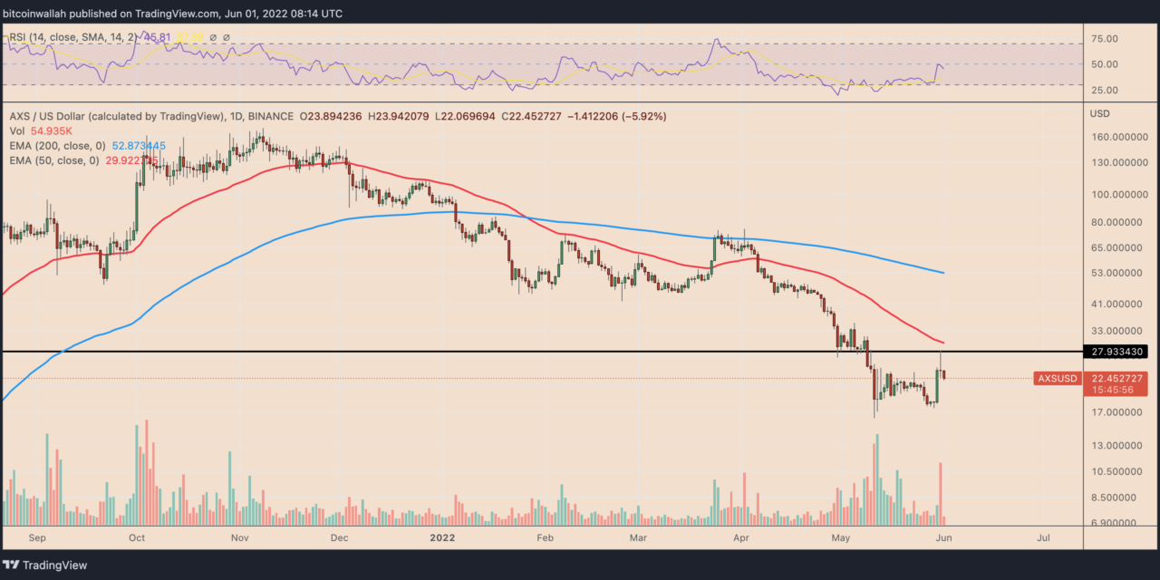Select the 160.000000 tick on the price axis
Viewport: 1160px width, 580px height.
[x=1119, y=138]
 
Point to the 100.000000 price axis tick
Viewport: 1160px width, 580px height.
[x=1119, y=195]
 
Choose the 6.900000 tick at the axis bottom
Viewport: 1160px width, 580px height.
[x=1116, y=524]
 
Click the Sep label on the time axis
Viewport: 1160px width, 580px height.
[x=36, y=537]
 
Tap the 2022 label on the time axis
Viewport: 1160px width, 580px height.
[x=455, y=537]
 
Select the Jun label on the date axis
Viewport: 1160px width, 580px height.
[x=942, y=537]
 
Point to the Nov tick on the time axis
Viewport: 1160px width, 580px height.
[x=240, y=537]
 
